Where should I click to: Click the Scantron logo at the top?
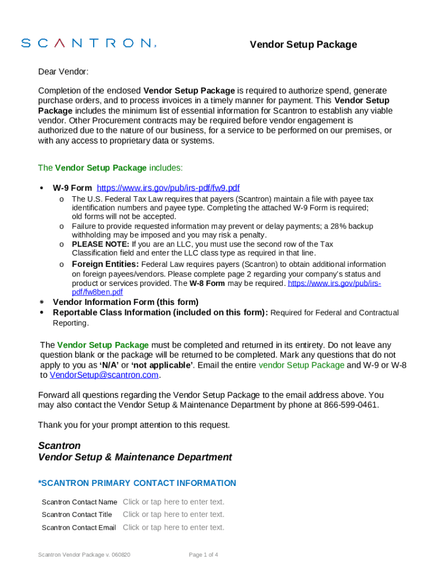[89, 43]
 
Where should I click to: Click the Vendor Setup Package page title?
[303, 45]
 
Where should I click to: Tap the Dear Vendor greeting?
[63, 72]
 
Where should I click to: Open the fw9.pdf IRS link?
[168, 188]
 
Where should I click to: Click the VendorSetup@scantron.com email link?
[104, 375]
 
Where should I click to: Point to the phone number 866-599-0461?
[351, 405]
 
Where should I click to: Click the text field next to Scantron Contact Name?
[173, 502]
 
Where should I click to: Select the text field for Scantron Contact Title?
[173, 514]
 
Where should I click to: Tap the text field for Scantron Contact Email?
[173, 527]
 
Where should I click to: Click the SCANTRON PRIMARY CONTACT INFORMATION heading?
[137, 483]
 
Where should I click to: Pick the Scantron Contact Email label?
[79, 527]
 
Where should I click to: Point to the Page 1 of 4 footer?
[204, 555]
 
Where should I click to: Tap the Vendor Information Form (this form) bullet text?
[126, 302]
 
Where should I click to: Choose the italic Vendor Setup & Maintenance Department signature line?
[135, 457]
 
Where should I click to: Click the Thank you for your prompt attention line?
[134, 425]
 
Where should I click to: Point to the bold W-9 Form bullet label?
[72, 188]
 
